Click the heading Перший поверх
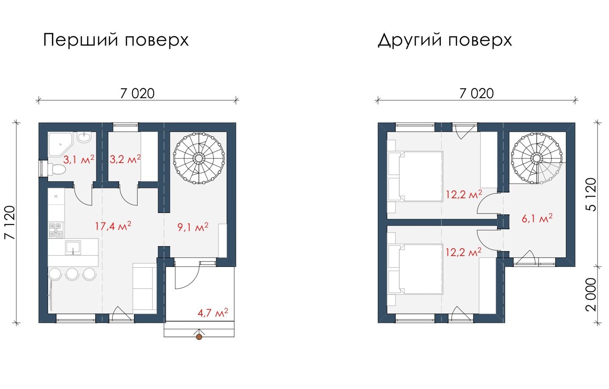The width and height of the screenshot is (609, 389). click(116, 40)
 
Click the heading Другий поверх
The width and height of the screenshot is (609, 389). click(445, 40)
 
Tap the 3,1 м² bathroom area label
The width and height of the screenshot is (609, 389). click(79, 159)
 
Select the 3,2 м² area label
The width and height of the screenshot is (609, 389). click(125, 159)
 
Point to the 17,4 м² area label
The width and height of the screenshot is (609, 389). click(113, 226)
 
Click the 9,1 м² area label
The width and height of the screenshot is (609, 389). click(193, 227)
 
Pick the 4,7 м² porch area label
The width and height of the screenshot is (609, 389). click(213, 313)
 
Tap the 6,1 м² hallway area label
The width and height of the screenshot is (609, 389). click(537, 218)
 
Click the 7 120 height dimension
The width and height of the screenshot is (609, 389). click(10, 222)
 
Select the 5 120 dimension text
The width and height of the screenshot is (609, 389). click(591, 195)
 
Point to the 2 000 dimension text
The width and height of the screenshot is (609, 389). click(591, 295)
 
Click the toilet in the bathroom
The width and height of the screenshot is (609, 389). click(57, 169)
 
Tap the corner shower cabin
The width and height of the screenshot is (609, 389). click(60, 144)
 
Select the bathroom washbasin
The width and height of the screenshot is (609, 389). click(84, 137)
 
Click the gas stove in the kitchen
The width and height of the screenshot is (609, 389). click(56, 230)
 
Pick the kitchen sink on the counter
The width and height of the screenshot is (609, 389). click(73, 248)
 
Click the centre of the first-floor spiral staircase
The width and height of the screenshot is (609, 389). click(199, 158)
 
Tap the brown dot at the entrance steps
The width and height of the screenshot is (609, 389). click(199, 337)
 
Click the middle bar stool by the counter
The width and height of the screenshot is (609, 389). click(72, 274)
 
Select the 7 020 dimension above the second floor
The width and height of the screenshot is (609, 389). click(476, 94)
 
